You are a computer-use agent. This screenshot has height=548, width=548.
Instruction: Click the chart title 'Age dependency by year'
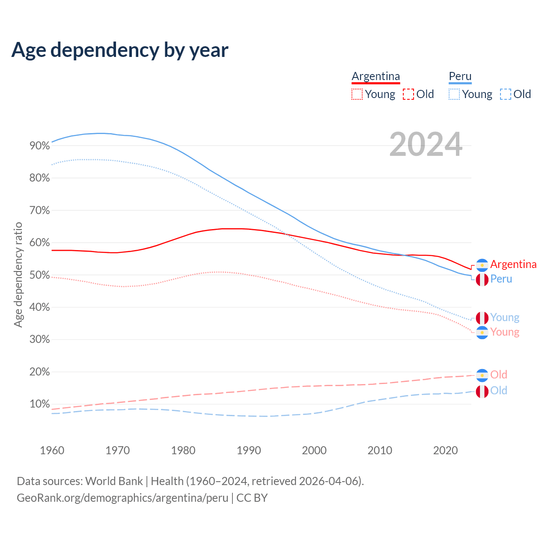tap(120, 50)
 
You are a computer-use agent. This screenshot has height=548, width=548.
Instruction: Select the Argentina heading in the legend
tap(375, 76)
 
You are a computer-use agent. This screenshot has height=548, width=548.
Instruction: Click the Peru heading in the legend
tap(460, 76)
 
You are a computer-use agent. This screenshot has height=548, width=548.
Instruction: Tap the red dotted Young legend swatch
tap(357, 94)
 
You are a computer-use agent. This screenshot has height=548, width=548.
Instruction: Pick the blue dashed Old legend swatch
tap(506, 94)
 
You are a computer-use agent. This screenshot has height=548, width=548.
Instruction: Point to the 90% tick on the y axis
tap(39, 146)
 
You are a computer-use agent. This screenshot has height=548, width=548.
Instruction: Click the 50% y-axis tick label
tap(39, 275)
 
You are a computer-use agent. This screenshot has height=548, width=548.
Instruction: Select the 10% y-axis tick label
tap(39, 404)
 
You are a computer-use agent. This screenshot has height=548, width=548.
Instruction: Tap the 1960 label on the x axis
tap(52, 450)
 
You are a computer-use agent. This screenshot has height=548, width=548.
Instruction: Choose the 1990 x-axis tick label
tap(249, 450)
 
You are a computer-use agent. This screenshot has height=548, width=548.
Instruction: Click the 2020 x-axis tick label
tap(445, 450)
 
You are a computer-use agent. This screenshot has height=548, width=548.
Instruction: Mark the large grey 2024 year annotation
tap(426, 144)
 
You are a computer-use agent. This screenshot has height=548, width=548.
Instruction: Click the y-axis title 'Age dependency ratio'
tap(18, 274)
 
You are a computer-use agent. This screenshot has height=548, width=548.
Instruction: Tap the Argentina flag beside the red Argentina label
tap(482, 265)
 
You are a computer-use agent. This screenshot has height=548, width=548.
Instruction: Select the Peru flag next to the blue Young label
tap(482, 318)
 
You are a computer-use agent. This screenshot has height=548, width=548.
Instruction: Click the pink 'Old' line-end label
tap(499, 375)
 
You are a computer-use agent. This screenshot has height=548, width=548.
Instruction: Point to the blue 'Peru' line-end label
tap(501, 279)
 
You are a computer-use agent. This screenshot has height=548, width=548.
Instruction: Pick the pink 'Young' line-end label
tap(505, 332)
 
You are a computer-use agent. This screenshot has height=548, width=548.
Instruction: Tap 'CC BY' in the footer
tap(252, 498)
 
